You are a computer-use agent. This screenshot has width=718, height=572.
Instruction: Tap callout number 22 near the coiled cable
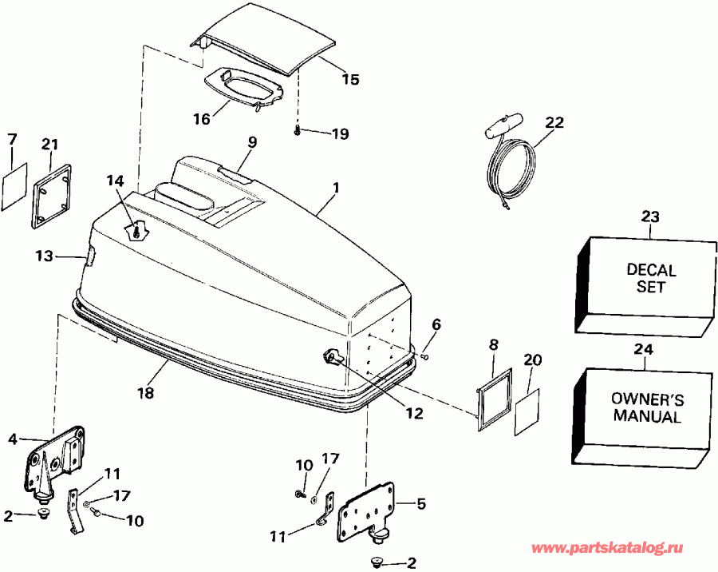point(554,122)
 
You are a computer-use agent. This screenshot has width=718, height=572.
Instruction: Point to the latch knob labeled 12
point(331,357)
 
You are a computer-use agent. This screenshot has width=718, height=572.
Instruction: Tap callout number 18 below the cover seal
point(145,393)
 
